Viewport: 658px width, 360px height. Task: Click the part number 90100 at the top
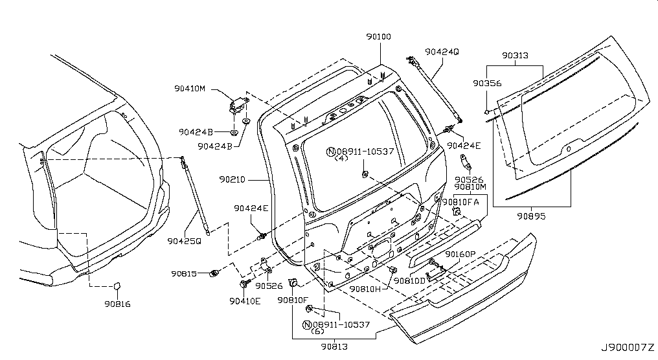click(x=378, y=37)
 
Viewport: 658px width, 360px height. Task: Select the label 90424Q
click(x=442, y=52)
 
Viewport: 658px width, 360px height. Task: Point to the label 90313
click(x=515, y=56)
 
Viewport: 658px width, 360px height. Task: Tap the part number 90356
click(x=487, y=83)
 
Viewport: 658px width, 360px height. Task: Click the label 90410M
click(x=190, y=89)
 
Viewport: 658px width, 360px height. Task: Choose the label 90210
click(x=232, y=179)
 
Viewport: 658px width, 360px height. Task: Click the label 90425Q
click(x=184, y=241)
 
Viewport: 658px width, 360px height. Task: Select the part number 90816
click(x=117, y=304)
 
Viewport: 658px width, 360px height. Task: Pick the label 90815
click(x=183, y=274)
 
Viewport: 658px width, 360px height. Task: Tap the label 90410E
click(x=245, y=300)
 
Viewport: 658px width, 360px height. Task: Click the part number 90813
click(x=334, y=346)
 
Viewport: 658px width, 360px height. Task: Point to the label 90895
click(x=531, y=216)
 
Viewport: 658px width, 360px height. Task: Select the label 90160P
click(x=460, y=254)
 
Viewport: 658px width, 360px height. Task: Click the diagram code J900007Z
click(x=628, y=348)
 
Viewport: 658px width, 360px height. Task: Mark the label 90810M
click(x=470, y=186)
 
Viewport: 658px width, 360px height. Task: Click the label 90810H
click(x=365, y=289)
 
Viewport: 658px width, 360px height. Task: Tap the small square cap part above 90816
click(x=116, y=286)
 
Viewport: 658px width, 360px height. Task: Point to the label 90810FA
click(x=460, y=202)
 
